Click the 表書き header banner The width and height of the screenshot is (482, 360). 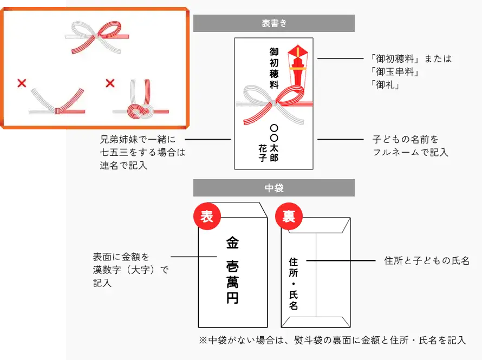274,23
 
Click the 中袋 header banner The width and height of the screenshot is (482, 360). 274,188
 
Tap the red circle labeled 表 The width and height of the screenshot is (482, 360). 207,216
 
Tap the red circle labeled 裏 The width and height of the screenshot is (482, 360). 289,216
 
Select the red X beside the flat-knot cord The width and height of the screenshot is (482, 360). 22,83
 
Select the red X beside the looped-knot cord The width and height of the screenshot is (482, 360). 110,83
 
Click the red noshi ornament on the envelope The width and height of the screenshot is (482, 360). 297,68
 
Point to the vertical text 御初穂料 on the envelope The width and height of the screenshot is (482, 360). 274,68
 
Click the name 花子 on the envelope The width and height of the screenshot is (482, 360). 262,153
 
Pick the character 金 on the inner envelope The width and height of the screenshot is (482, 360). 232,243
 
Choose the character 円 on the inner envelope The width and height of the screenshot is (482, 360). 232,298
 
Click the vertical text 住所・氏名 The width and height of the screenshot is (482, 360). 293,284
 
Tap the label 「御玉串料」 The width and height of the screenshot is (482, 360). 395,72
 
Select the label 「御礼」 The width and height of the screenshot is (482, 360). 385,85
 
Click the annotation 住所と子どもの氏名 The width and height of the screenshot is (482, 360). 427,261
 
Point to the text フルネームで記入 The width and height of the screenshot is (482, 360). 411,152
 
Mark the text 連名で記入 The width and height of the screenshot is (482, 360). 123,166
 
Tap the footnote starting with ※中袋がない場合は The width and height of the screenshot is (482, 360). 333,341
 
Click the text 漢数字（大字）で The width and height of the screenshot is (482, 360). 131,270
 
